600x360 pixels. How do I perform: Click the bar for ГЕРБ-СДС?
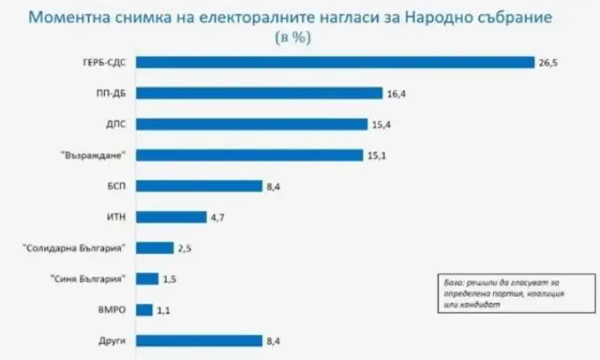[335, 62]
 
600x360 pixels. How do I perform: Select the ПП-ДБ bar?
[259, 94]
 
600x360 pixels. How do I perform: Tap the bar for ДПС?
[252, 124]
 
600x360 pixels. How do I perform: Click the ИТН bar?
[171, 217]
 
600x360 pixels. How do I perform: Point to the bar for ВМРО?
[145, 309]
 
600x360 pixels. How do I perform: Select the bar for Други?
[199, 340]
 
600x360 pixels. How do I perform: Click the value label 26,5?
[549, 62]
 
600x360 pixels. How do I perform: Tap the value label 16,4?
[397, 94]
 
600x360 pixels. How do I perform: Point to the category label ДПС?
[115, 124]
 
